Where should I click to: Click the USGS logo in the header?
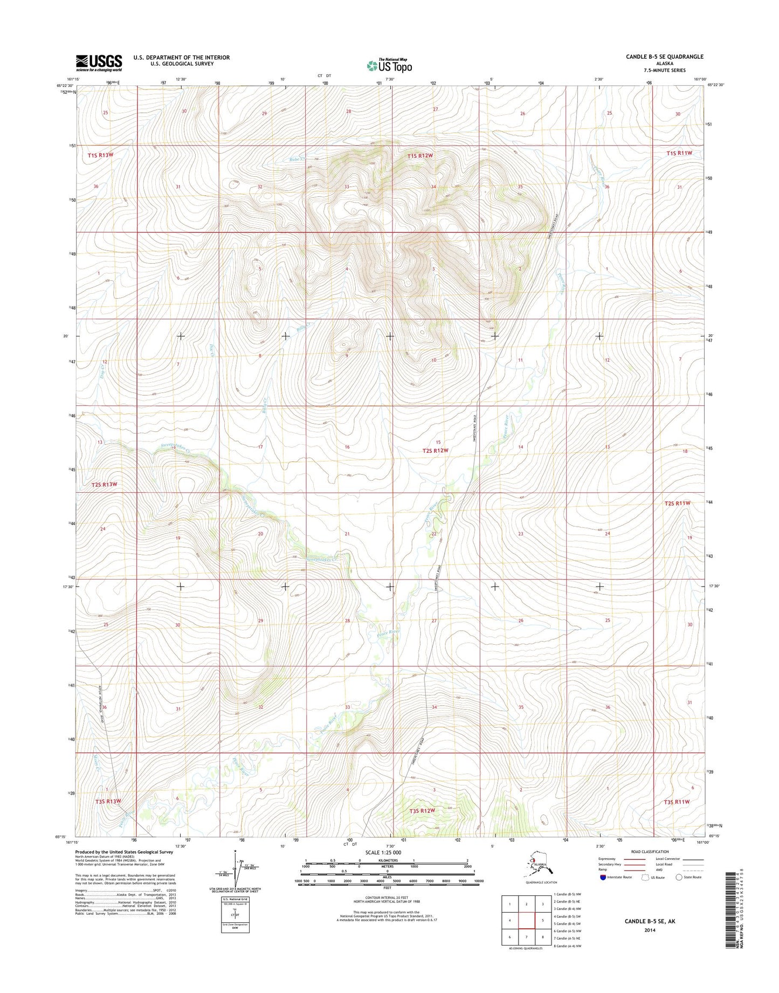click(x=99, y=63)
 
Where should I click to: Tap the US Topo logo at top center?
click(x=389, y=65)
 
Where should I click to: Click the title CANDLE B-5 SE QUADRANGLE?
click(x=664, y=57)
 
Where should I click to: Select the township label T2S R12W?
click(x=436, y=451)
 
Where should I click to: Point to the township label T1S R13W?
click(x=101, y=155)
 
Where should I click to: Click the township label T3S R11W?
click(x=677, y=802)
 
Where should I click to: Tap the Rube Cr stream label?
click(x=297, y=160)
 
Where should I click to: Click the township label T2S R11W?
click(x=677, y=503)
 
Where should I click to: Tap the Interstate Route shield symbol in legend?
click(x=602, y=877)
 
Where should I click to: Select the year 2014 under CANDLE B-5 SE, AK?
click(x=649, y=930)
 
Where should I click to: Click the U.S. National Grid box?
click(x=235, y=915)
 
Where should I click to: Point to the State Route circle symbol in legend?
click(x=679, y=877)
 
